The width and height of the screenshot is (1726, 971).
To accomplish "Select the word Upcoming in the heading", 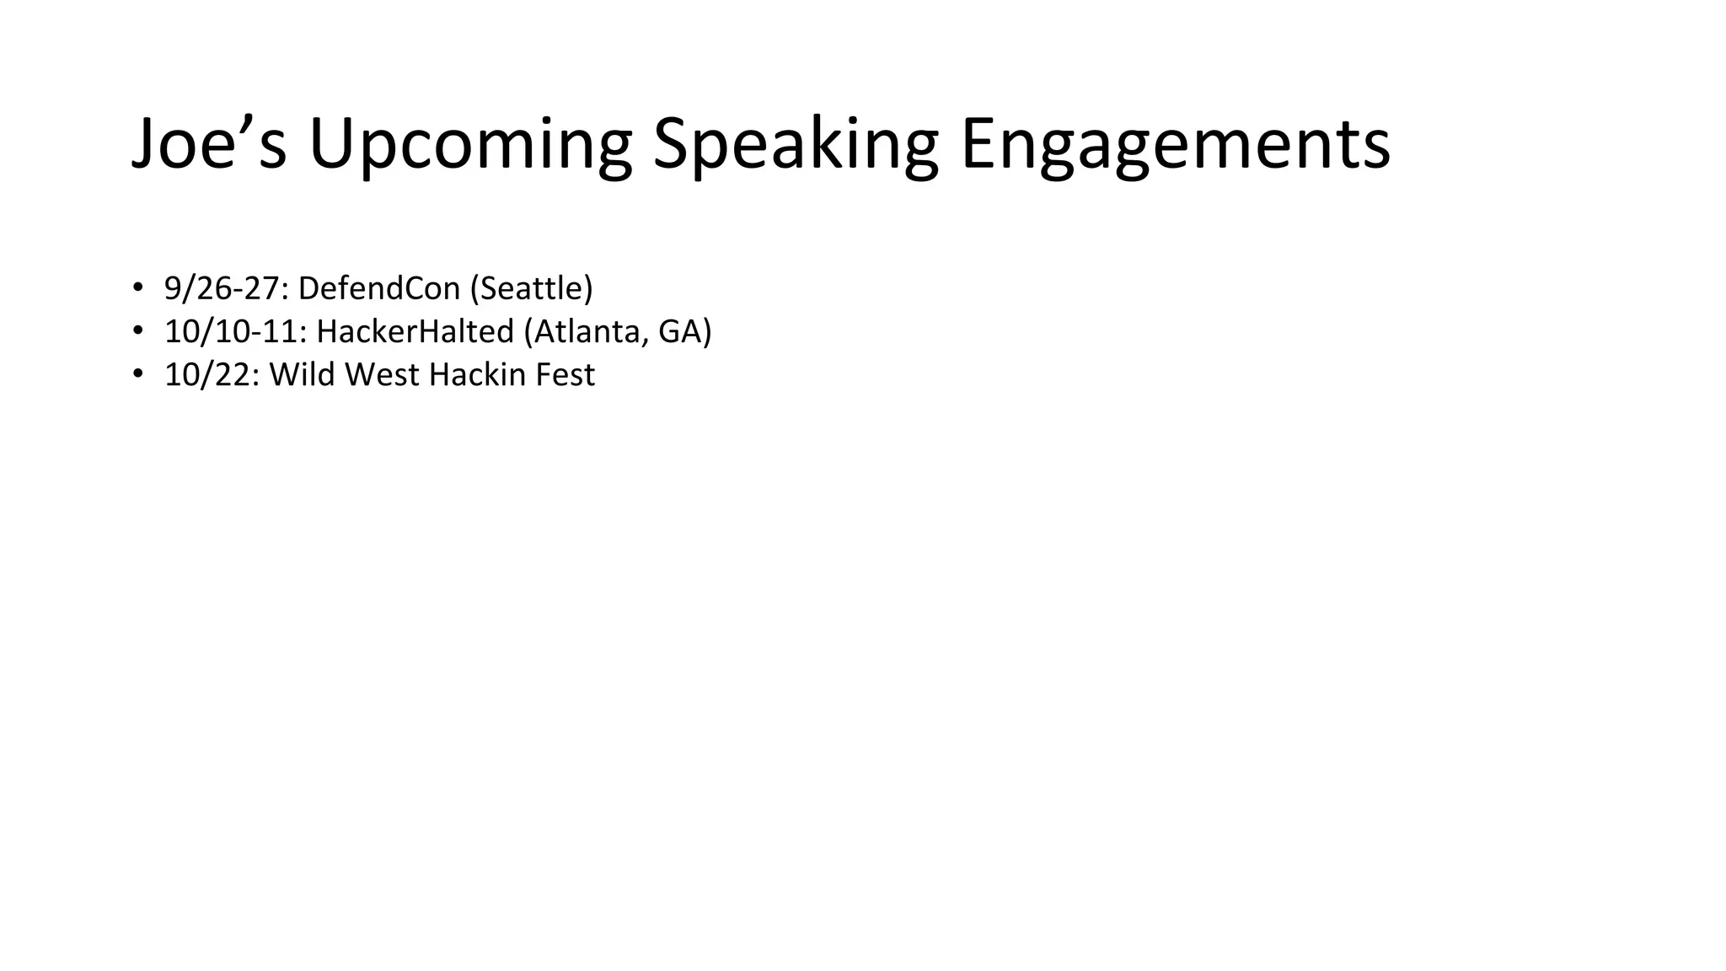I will coord(470,145).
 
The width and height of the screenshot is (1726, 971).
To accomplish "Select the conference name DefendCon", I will coord(378,288).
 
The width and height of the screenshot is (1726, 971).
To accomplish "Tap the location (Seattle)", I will coord(532,288).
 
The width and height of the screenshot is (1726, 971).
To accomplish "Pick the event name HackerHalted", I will coord(415,331).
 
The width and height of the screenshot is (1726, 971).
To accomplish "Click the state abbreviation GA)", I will coord(685,331).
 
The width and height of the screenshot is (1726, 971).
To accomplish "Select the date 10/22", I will coord(212,375).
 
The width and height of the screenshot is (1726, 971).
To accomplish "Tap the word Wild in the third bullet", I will coord(302,375).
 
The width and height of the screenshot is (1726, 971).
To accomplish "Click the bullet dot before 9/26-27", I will coord(137,288).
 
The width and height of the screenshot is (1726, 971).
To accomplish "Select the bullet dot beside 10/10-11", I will coord(137,331).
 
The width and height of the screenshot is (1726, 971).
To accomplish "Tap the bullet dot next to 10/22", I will coord(137,374).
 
